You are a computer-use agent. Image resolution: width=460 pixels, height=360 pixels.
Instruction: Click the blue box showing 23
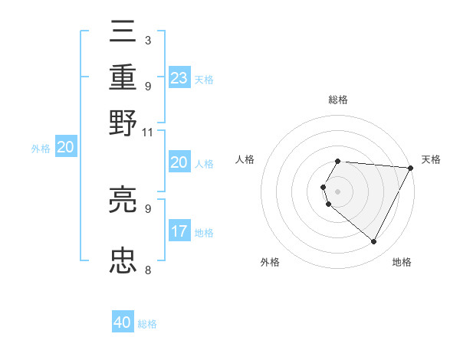pyautogui.click(x=179, y=78)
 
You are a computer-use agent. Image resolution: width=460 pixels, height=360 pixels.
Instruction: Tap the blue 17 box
pyautogui.click(x=179, y=231)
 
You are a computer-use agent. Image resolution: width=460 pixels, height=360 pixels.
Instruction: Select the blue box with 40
pyautogui.click(x=123, y=322)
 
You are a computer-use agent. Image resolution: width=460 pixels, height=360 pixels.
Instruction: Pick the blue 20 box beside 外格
pyautogui.click(x=65, y=148)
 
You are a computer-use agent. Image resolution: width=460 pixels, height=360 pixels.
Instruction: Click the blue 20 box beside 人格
pyautogui.click(x=179, y=162)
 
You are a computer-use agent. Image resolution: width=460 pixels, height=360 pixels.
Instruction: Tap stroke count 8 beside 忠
pyautogui.click(x=147, y=270)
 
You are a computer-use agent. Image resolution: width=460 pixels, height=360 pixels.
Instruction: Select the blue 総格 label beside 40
pyautogui.click(x=147, y=324)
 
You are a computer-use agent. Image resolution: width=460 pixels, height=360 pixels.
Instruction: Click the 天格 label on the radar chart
pyautogui.click(x=431, y=159)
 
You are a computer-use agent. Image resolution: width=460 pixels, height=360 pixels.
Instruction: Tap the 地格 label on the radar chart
pyautogui.click(x=402, y=262)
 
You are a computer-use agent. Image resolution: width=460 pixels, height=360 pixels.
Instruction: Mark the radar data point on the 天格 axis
pyautogui.click(x=410, y=167)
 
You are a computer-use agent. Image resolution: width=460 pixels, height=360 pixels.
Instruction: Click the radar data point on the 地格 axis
pyautogui.click(x=374, y=242)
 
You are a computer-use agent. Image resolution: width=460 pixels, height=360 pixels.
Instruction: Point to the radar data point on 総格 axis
pyautogui.click(x=337, y=162)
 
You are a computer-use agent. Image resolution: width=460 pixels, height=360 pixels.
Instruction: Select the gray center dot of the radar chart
pyautogui.click(x=337, y=191)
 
